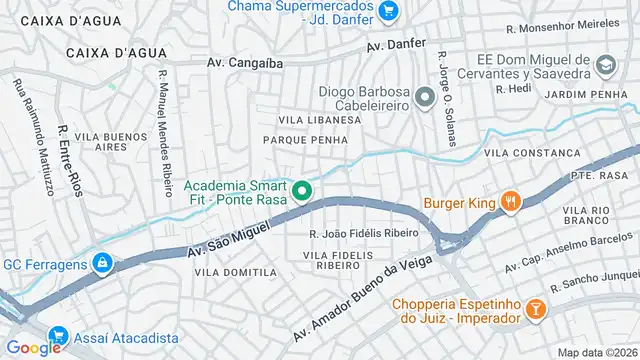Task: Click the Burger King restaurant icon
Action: click(x=511, y=201)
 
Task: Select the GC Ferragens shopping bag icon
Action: click(x=101, y=263)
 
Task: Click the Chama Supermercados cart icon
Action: click(x=388, y=11)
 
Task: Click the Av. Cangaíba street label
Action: click(x=245, y=62)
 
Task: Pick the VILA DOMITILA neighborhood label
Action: click(x=235, y=272)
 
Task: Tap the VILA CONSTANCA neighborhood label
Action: click(x=531, y=153)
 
